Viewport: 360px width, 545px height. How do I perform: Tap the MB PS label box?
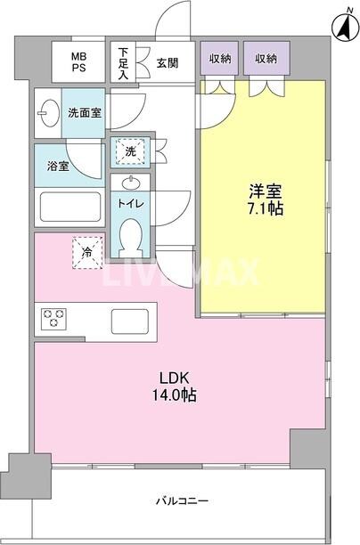78,63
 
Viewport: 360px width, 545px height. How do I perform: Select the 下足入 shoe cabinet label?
122,63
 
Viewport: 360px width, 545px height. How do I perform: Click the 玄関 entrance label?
167,62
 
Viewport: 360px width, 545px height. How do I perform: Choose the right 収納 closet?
265,59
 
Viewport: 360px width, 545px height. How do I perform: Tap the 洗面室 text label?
86,113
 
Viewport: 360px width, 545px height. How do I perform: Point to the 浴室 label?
58,166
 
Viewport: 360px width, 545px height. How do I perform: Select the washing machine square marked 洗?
130,151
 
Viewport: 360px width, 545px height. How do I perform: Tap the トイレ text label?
130,204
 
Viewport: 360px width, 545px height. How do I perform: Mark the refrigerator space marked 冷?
87,251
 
